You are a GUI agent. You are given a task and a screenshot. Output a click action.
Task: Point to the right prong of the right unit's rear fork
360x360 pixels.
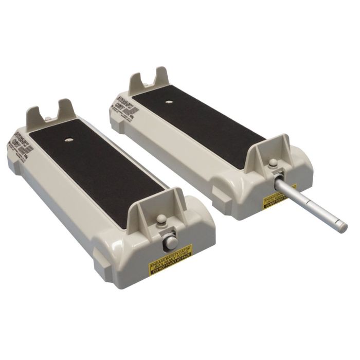[x=161, y=76]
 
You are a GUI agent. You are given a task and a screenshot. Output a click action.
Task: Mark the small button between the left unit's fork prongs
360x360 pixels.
[x=48, y=120]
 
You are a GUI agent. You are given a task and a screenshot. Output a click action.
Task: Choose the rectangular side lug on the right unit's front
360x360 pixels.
[x=226, y=195]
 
